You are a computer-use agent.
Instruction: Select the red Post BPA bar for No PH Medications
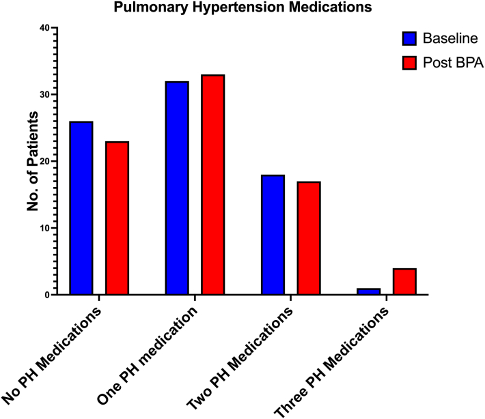pyautogui.click(x=116, y=218)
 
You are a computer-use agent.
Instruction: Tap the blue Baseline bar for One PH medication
pyautogui.click(x=176, y=188)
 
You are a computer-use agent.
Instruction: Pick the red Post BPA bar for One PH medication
pyautogui.click(x=212, y=185)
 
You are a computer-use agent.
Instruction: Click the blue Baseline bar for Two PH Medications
pyautogui.click(x=273, y=235)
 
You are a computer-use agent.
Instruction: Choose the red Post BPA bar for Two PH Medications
pyautogui.click(x=308, y=238)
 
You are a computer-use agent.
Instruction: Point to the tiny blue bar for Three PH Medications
pyautogui.click(x=368, y=291)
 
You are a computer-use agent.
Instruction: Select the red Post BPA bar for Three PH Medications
pyautogui.click(x=404, y=281)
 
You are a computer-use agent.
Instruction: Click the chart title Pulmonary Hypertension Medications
pyautogui.click(x=242, y=8)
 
